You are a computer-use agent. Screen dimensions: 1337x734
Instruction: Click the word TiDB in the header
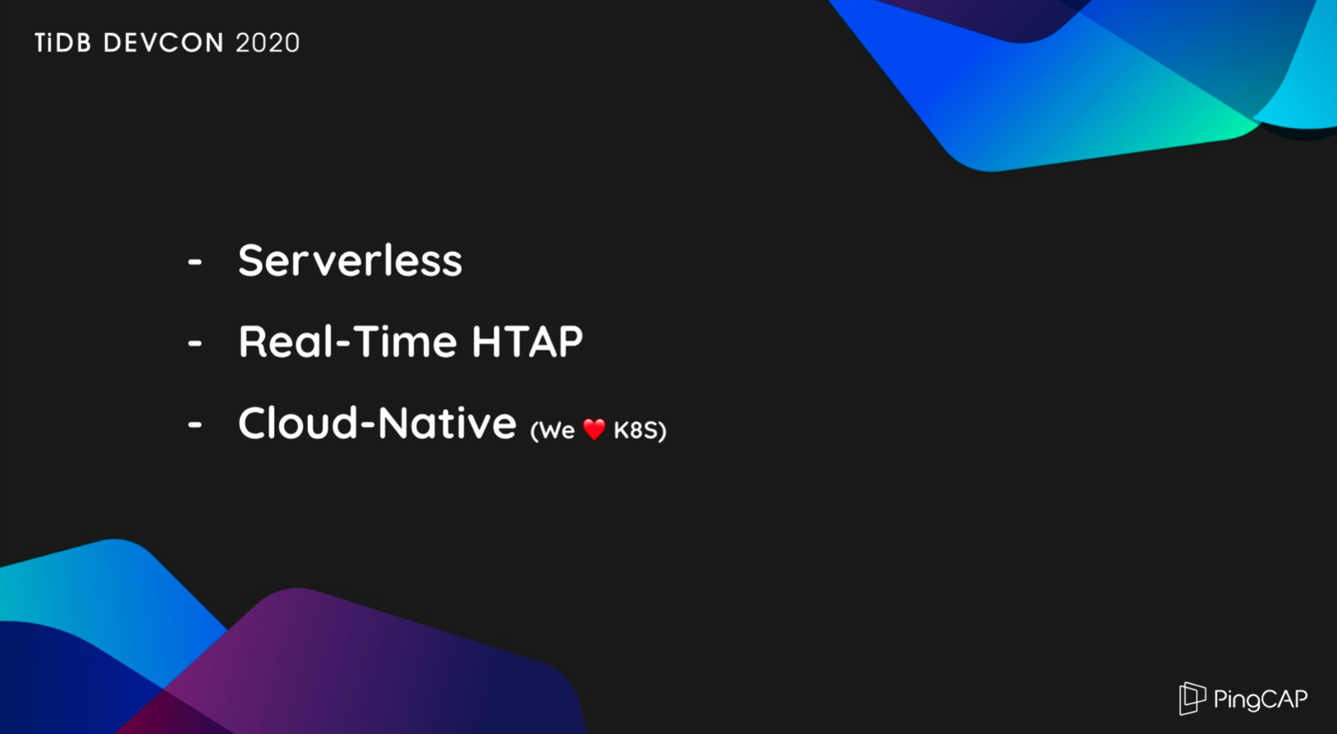(x=62, y=43)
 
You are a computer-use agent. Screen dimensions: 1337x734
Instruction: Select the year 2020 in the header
(x=268, y=43)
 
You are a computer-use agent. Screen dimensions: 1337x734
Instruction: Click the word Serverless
(x=351, y=261)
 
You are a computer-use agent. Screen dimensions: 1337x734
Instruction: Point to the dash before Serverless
(x=195, y=261)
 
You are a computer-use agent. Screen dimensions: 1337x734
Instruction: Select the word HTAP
(x=527, y=342)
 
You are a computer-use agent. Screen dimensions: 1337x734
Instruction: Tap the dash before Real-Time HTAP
(x=195, y=342)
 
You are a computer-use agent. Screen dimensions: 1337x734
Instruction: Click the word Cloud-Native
(x=377, y=423)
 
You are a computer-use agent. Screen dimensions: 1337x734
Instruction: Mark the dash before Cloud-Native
(x=195, y=424)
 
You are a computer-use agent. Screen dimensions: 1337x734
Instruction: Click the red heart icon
(x=594, y=429)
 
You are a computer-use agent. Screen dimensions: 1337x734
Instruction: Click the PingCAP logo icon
(x=1192, y=698)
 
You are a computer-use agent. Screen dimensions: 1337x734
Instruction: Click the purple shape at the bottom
(x=370, y=663)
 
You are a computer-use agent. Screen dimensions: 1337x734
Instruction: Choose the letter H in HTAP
(x=486, y=342)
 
